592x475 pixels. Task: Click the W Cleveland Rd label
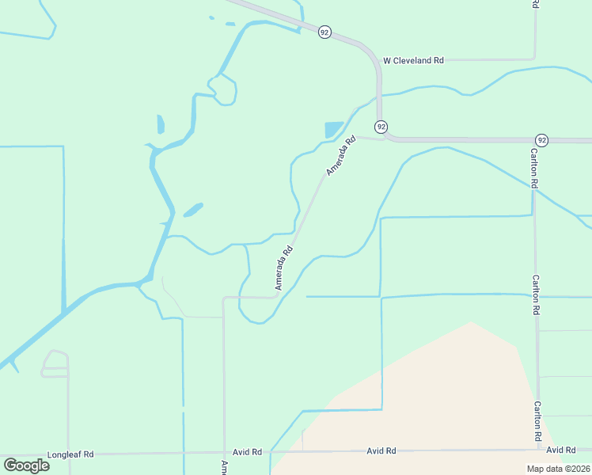(413, 60)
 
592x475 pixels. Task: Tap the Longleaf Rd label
(70, 454)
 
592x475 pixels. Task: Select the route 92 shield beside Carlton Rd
(541, 139)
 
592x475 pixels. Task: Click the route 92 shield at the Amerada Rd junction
(381, 127)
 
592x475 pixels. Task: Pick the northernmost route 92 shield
(324, 32)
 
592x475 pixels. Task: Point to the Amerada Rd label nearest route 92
(341, 156)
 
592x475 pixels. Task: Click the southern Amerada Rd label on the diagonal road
(284, 268)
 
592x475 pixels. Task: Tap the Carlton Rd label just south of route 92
(535, 168)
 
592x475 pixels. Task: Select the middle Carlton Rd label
(536, 295)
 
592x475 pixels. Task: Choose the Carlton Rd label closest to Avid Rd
(537, 421)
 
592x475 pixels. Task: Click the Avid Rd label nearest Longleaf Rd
(246, 452)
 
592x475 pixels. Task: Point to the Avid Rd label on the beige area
(381, 451)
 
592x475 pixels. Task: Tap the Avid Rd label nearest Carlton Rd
(560, 450)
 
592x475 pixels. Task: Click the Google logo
(26, 465)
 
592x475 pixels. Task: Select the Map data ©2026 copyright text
(558, 469)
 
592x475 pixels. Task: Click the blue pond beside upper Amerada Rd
(333, 129)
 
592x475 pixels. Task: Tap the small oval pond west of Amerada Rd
(193, 210)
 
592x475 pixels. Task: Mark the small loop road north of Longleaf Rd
(55, 362)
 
